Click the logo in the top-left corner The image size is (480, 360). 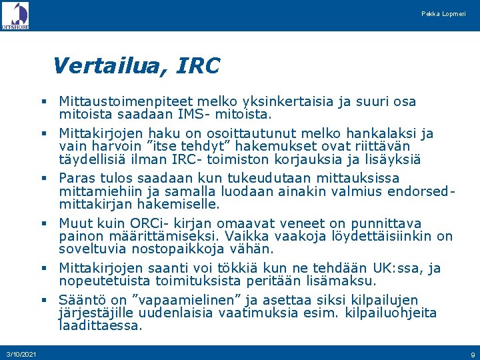15,15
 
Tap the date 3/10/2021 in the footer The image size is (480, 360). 21,353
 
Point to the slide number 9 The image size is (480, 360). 472,353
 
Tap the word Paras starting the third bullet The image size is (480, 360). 76,178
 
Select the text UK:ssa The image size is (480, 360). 396,268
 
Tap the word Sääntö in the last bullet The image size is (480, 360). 81,299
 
